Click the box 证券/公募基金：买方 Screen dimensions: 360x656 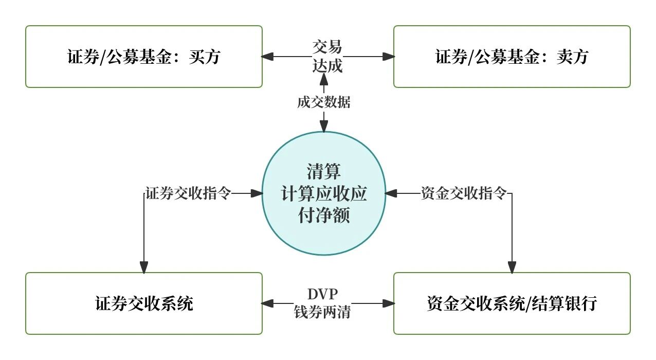(144, 57)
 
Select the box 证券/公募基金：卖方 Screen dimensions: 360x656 (512, 57)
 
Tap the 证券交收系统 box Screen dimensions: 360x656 (144, 303)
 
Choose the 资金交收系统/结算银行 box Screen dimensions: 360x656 (512, 303)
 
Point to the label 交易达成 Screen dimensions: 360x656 (327, 57)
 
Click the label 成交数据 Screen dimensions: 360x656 (324, 102)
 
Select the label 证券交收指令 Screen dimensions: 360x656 (188, 194)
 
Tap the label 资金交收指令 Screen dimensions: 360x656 (464, 194)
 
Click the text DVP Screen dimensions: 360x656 (323, 294)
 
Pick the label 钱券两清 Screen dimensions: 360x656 (323, 312)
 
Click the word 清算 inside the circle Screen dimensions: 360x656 (324, 171)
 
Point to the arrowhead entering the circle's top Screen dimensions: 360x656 (324, 126)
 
